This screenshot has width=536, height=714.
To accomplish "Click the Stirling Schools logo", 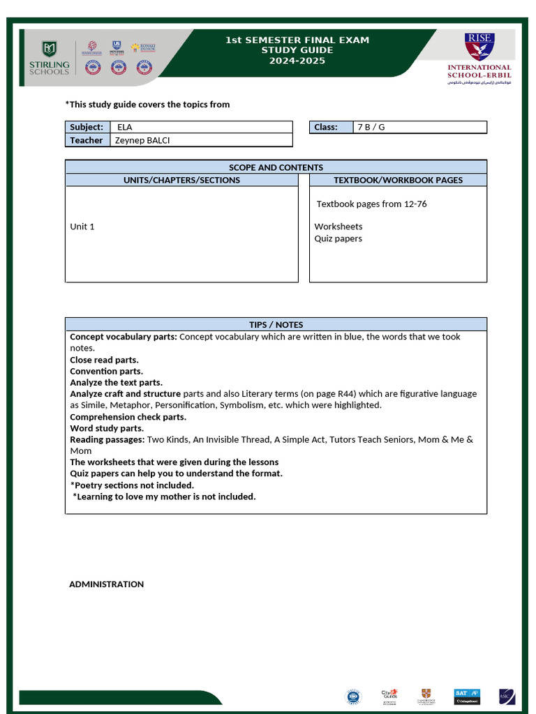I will click(x=49, y=58).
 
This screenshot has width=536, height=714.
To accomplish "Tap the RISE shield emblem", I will click(x=479, y=47).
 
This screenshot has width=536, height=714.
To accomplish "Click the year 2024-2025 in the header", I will click(x=297, y=61).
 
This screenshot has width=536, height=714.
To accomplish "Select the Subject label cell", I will click(x=87, y=127).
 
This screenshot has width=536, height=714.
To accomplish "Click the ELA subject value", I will click(x=125, y=127).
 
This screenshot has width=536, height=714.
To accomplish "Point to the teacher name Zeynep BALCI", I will click(x=142, y=140).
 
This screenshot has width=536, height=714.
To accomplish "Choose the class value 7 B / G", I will click(x=371, y=127).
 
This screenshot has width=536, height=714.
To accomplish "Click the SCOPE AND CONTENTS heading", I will click(x=276, y=167).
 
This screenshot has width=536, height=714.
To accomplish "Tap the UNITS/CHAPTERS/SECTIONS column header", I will click(x=181, y=180).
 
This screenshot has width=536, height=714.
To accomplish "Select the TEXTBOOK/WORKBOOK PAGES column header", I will click(x=398, y=180).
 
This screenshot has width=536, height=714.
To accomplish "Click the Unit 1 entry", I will click(x=82, y=227).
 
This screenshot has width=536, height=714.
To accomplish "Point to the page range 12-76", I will click(x=415, y=204).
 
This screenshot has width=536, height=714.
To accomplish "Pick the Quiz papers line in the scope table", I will click(x=338, y=238).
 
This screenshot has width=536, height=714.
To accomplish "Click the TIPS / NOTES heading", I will click(x=276, y=325).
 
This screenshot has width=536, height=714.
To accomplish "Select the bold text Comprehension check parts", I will click(x=128, y=417).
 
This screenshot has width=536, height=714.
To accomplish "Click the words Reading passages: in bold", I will click(x=107, y=439).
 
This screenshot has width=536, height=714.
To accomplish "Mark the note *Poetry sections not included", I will click(x=132, y=485).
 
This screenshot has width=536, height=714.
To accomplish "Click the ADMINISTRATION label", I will click(x=106, y=584).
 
